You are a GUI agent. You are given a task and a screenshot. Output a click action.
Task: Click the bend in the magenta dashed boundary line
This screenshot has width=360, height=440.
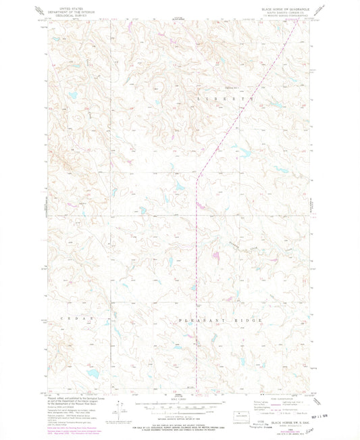pyautogui.click(x=197, y=178)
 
